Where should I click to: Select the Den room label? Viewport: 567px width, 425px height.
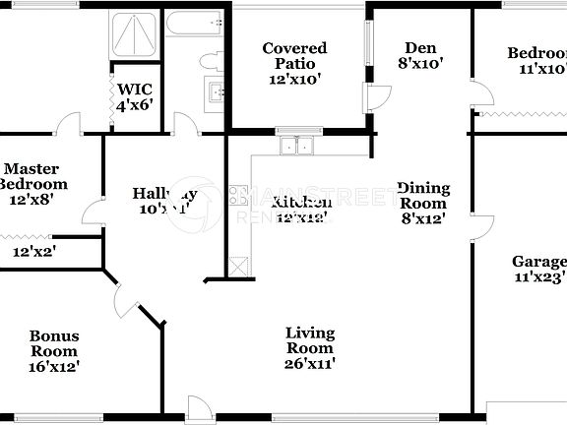pyautogui.click(x=421, y=55)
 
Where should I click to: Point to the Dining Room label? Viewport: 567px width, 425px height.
pyautogui.click(x=423, y=203)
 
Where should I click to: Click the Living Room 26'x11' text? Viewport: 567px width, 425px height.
pyautogui.click(x=309, y=348)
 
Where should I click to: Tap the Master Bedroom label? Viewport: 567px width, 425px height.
pyautogui.click(x=33, y=183)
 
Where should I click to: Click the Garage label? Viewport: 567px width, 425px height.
pyautogui.click(x=538, y=270)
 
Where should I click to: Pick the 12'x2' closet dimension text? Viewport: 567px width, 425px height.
pyautogui.click(x=33, y=252)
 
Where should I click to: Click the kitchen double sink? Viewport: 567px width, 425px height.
pyautogui.click(x=298, y=147)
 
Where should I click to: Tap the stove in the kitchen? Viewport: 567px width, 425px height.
pyautogui.click(x=238, y=196)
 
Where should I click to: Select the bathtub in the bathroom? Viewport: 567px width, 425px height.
pyautogui.click(x=195, y=24)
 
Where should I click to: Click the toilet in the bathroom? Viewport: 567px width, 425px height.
pyautogui.click(x=212, y=61)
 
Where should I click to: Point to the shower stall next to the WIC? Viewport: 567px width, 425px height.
pyautogui.click(x=134, y=35)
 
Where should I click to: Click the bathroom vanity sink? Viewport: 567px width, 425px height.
pyautogui.click(x=215, y=95)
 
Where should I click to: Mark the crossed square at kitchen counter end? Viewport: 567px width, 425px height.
pyautogui.click(x=239, y=266)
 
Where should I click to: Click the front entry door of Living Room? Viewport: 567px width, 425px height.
pyautogui.click(x=200, y=407)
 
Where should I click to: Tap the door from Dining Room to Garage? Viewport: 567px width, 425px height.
pyautogui.click(x=480, y=228)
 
